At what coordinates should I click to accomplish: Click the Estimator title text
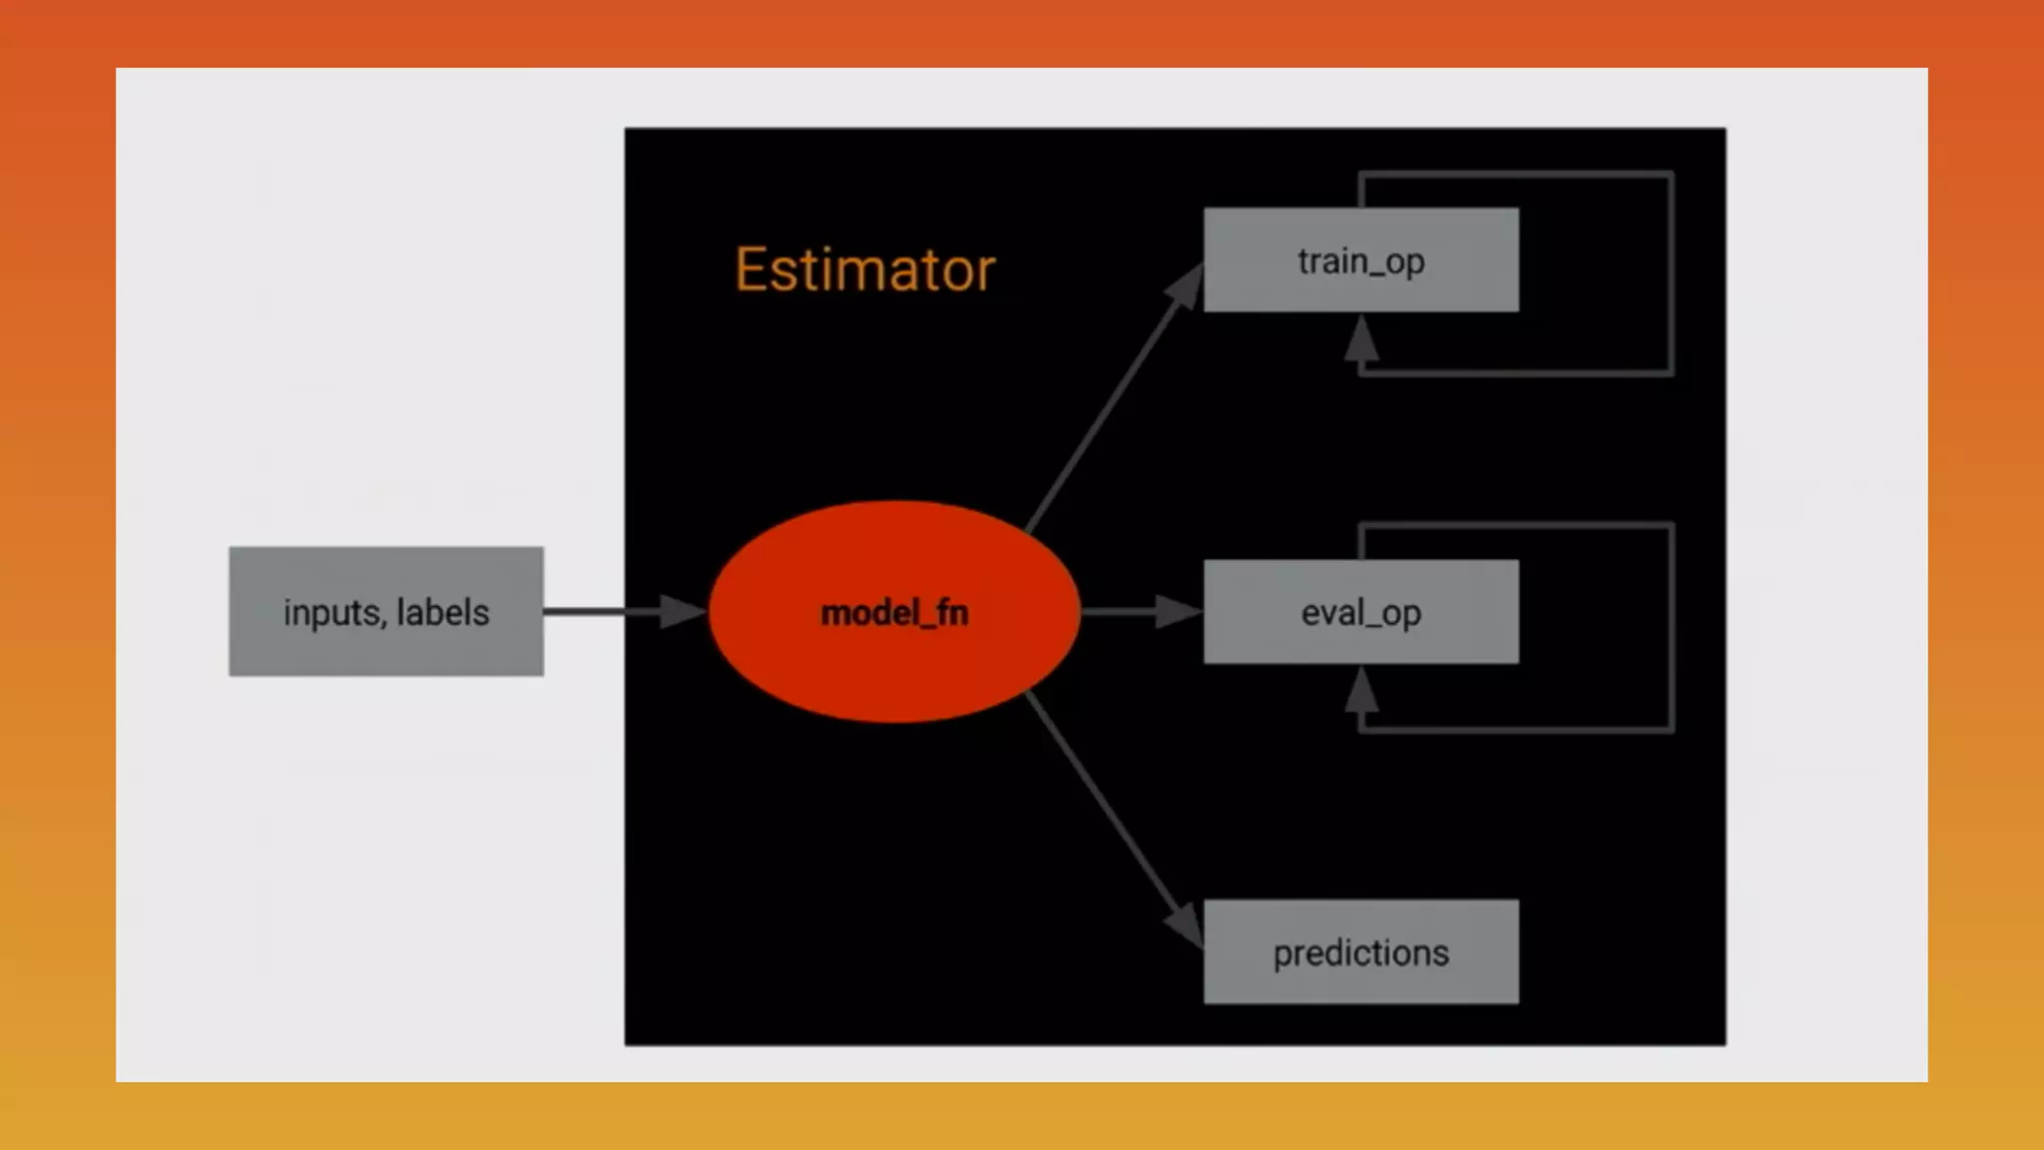coord(865,270)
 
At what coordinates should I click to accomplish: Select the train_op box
coord(1360,261)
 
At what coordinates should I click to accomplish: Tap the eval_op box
coord(1360,612)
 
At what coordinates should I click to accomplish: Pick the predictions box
coord(1360,952)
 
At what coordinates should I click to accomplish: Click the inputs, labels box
coord(386,612)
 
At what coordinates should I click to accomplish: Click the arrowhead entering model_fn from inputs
coord(684,612)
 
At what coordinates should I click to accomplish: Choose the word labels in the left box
coord(443,612)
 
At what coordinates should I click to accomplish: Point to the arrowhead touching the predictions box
coord(1186,924)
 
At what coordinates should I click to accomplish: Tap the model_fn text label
coord(894,613)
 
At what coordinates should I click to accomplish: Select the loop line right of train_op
coord(1671,275)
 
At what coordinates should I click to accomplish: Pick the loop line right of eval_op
coord(1671,627)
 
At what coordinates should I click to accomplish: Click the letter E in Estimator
coord(752,270)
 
